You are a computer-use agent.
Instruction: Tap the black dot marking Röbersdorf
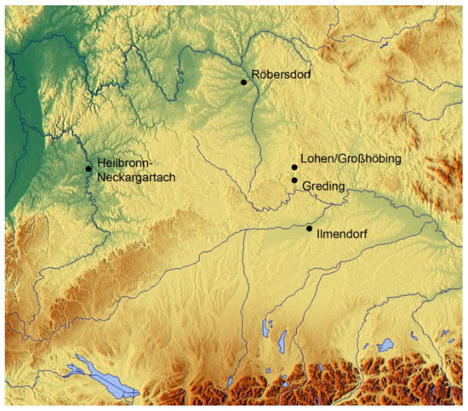tap(243, 82)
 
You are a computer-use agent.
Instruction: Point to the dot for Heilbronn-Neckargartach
tap(88, 168)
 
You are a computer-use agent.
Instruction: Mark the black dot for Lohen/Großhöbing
tap(294, 168)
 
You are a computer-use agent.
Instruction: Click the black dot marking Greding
tap(294, 180)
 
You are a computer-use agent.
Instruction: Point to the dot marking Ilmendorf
tap(309, 228)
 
